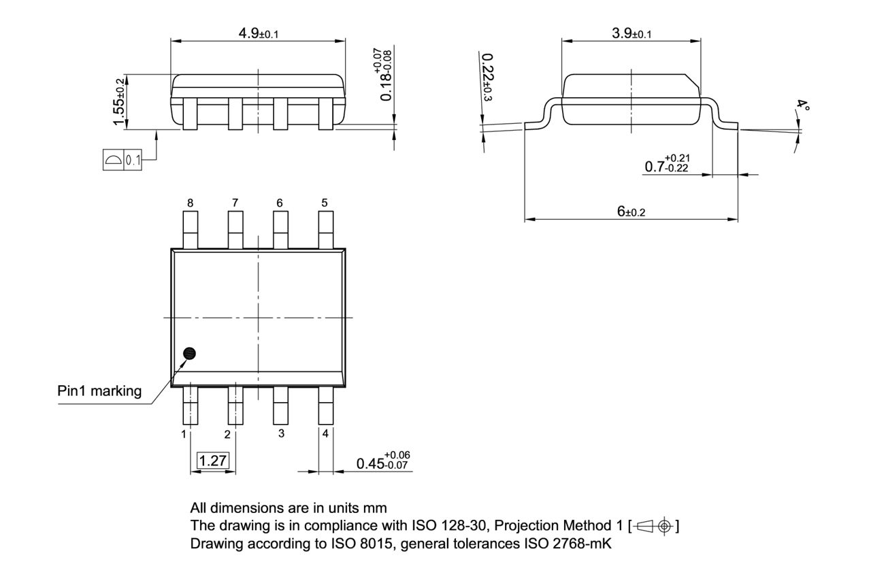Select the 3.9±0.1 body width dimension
point(631,33)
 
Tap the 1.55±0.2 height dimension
point(120,101)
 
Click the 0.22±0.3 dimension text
point(487,78)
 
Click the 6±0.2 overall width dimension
point(631,212)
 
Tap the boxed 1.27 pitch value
point(212,461)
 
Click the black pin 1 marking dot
point(189,353)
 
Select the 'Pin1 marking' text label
point(99,391)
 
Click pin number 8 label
point(190,203)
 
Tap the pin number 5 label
point(325,203)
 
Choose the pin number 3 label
point(280,433)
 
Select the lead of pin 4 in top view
point(326,406)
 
